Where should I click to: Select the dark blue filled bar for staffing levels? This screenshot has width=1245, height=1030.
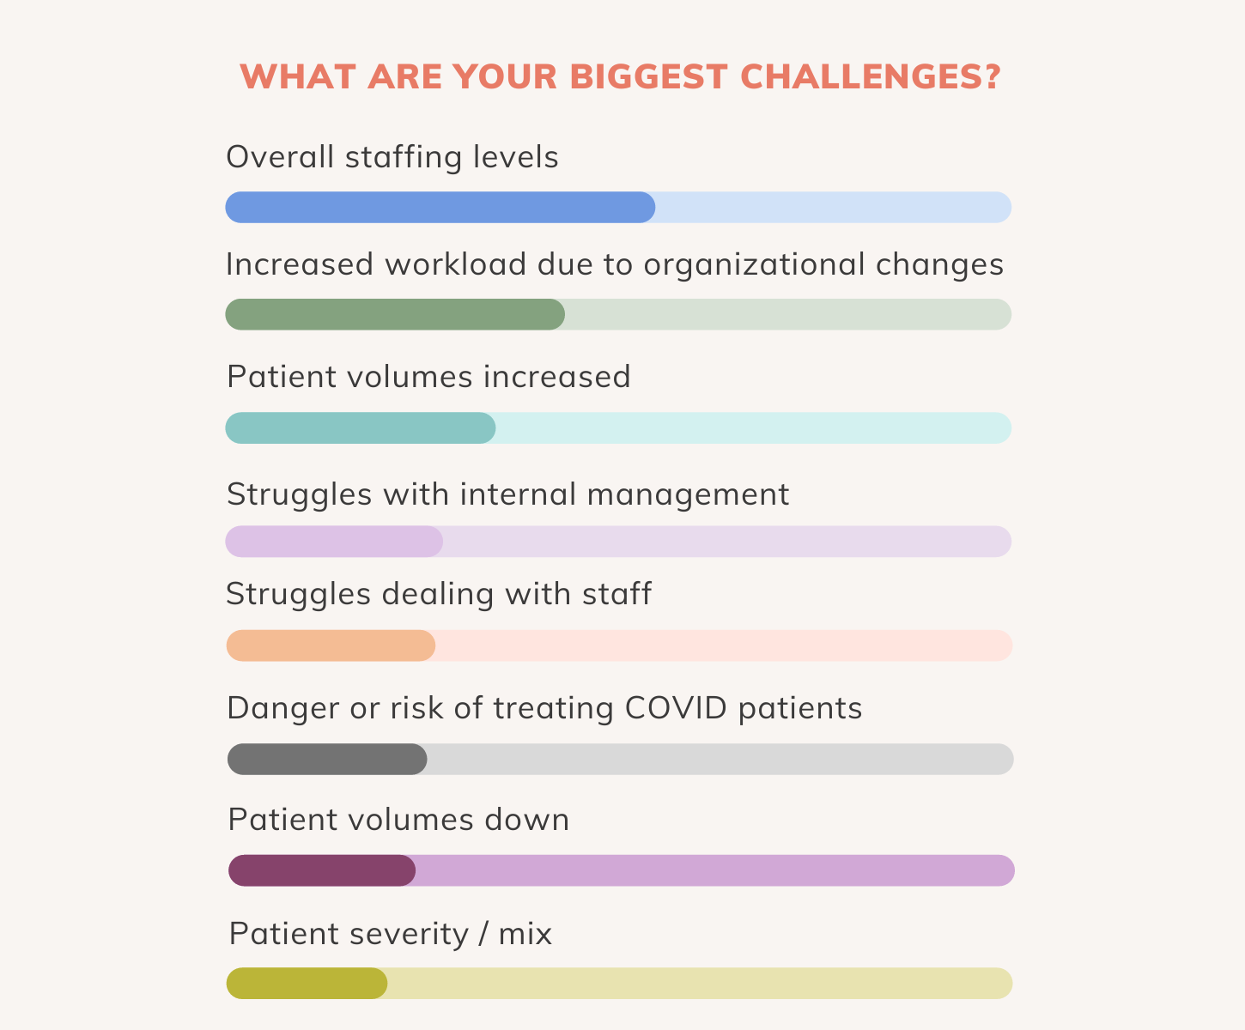tap(440, 208)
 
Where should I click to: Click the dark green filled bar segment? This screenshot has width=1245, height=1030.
tap(395, 314)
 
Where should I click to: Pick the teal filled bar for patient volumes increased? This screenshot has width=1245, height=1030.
tap(360, 428)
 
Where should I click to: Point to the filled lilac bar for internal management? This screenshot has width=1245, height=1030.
tap(334, 542)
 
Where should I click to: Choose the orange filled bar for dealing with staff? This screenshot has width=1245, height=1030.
tap(331, 645)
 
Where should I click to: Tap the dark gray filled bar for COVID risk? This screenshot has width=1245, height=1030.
tap(327, 760)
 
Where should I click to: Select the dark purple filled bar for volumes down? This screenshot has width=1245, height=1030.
tap(322, 870)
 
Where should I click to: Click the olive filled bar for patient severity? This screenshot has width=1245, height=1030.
tap(307, 984)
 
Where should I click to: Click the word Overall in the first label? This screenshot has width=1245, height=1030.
tap(280, 157)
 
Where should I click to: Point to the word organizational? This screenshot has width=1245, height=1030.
tap(754, 265)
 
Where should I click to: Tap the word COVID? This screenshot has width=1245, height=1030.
tap(676, 708)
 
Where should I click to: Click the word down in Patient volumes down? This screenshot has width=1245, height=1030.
tap(526, 820)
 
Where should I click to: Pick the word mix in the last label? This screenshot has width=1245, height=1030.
tap(525, 934)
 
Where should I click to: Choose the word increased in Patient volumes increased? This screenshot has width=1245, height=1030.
tap(557, 378)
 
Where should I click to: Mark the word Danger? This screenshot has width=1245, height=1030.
tap(282, 709)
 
